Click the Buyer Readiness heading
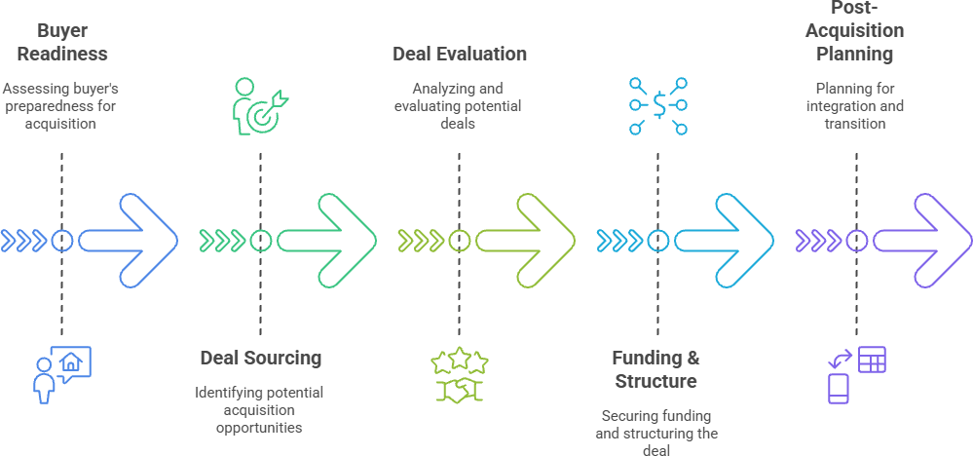[61, 42]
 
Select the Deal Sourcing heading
[260, 358]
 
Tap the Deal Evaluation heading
[460, 54]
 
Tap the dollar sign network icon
[658, 105]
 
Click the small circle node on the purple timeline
[856, 241]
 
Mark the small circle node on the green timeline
[260, 241]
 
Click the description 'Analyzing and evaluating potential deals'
[459, 106]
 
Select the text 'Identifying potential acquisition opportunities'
[259, 409]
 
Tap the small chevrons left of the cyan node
[618, 241]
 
